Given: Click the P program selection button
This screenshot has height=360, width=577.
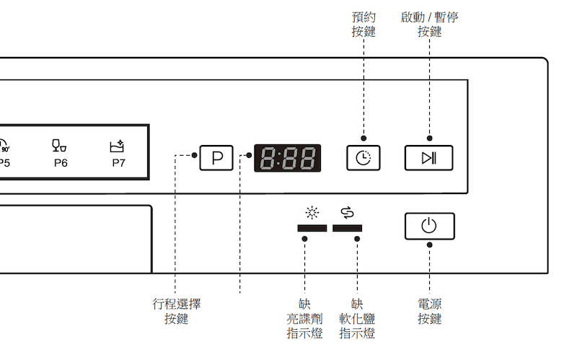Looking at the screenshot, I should (x=216, y=157).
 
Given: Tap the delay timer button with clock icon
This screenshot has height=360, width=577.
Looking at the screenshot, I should (x=364, y=157).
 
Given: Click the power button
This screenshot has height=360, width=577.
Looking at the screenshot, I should (x=429, y=227).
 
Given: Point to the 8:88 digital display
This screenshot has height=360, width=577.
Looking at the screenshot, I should (x=288, y=157).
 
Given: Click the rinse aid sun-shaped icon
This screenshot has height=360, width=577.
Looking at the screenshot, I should (x=312, y=213).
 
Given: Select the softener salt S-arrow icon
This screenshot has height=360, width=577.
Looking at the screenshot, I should (x=348, y=212).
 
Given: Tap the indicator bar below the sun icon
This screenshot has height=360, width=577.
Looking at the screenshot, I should (x=312, y=228).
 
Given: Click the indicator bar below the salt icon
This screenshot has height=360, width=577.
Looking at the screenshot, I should (x=348, y=228).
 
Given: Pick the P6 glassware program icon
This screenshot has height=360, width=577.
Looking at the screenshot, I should (x=60, y=145).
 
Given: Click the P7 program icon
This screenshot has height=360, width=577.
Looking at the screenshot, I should (x=117, y=146).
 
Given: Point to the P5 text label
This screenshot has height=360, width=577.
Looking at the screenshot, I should (x=4, y=163).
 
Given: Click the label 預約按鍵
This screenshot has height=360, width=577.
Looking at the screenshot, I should (x=364, y=25).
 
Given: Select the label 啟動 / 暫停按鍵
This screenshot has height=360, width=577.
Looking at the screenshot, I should (x=429, y=25).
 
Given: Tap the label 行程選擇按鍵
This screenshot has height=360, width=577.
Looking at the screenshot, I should (x=176, y=312).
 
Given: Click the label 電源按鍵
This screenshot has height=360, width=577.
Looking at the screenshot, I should (x=429, y=312).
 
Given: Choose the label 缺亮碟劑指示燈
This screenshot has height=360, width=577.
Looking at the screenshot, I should (x=304, y=319).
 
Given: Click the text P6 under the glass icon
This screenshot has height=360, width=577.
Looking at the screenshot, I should (x=61, y=163).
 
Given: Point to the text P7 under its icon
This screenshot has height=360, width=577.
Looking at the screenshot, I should (x=118, y=163).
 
